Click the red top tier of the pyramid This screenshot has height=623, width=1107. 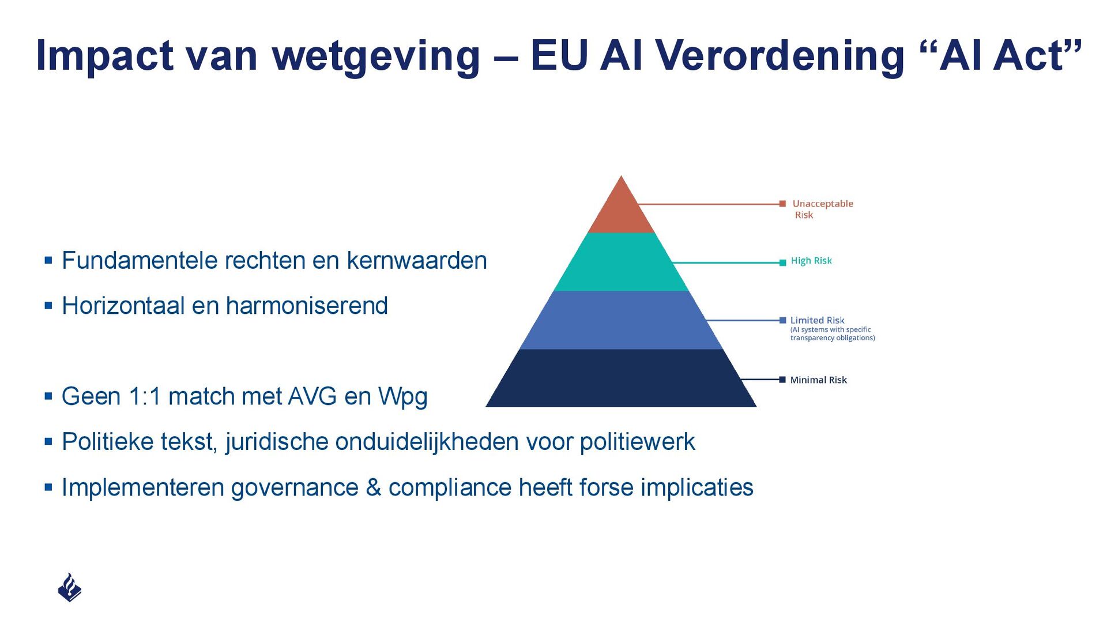[621, 211]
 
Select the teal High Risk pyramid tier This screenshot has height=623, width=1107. [621, 262]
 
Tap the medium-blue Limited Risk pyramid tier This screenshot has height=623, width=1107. [621, 320]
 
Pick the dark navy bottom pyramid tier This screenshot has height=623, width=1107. [621, 378]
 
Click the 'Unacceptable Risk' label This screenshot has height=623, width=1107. [822, 209]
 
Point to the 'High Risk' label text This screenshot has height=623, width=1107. [811, 261]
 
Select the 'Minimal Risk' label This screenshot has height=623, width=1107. [818, 380]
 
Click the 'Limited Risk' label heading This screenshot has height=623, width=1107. [817, 320]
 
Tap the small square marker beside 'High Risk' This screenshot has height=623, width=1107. [782, 262]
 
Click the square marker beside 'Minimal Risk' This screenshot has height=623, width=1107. [782, 380]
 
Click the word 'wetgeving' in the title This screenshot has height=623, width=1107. [376, 57]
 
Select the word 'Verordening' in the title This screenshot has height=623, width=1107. [780, 57]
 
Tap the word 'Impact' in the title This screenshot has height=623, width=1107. [104, 57]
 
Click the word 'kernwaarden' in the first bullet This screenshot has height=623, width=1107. [416, 261]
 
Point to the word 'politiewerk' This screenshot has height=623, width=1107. [637, 442]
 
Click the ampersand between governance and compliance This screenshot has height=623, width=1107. [373, 487]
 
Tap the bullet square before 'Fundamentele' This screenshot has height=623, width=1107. [48, 261]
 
